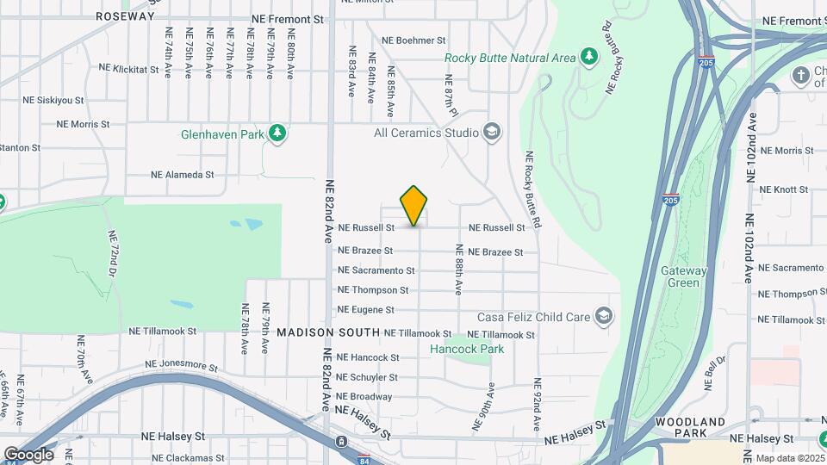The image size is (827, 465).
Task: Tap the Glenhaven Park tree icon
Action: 277,133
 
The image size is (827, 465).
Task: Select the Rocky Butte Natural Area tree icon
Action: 589,58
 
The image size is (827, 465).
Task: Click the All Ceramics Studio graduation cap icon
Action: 492,133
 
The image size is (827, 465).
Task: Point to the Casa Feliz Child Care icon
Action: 604,316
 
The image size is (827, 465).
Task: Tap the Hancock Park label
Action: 467,349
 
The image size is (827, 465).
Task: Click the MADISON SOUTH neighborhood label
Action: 328,332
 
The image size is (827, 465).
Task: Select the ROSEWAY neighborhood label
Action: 126,16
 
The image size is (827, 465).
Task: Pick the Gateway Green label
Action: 684,276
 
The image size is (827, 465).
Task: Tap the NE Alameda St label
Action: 182,174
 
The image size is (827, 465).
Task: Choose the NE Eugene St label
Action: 365,309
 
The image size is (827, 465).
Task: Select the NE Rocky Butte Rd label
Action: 532,190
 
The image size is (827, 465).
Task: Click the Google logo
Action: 28,454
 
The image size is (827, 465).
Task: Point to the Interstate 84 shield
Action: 364,458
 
